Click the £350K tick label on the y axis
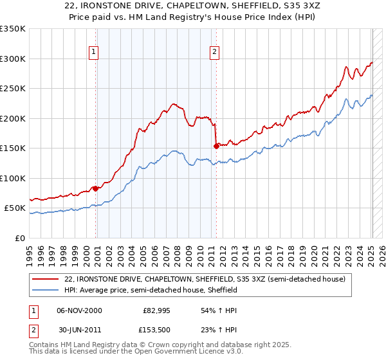(x=13, y=29)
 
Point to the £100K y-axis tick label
(x=13, y=178)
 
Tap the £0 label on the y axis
(x=20, y=238)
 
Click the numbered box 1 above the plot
(x=94, y=52)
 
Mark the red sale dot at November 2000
(x=96, y=188)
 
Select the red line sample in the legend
(x=46, y=279)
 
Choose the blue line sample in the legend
(x=46, y=290)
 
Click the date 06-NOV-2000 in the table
(x=80, y=310)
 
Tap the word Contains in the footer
(x=45, y=345)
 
